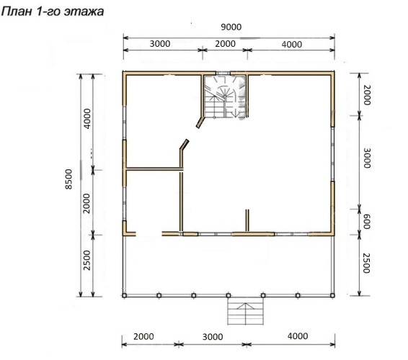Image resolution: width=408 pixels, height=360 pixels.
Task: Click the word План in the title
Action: tap(17, 12)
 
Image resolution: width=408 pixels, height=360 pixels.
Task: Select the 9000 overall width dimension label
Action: tap(231, 27)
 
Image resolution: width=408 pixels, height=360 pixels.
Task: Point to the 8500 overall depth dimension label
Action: tap(68, 179)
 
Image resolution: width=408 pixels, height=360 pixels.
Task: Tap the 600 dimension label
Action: tap(366, 222)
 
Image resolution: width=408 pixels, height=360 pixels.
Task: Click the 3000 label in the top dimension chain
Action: tap(160, 44)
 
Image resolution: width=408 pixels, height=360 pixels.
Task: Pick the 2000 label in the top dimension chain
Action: tap(226, 44)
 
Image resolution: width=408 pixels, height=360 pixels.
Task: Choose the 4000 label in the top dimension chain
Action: tap(292, 45)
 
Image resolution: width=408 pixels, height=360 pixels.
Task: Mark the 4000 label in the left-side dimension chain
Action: tap(87, 119)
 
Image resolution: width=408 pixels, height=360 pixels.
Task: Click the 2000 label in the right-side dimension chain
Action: tap(367, 95)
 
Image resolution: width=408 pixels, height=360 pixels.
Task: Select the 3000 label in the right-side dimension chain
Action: tap(367, 158)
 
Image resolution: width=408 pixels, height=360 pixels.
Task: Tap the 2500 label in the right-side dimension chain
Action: tap(366, 263)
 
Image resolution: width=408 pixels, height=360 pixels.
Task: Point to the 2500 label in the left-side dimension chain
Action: tap(87, 260)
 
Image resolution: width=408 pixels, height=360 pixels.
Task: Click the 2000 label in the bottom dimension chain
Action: tap(143, 337)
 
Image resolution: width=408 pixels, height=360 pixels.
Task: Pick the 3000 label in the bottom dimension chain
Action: tap(213, 337)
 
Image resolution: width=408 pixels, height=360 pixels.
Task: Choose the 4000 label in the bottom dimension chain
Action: tap(298, 336)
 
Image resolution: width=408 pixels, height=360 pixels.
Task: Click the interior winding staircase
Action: tap(225, 96)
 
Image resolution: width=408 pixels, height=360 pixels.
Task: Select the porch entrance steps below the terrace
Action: tap(245, 311)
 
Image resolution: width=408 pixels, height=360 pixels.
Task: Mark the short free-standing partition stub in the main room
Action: tap(247, 220)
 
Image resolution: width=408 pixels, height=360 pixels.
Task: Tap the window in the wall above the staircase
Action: tap(223, 73)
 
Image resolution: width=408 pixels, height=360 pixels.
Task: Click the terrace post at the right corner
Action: tap(332, 295)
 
